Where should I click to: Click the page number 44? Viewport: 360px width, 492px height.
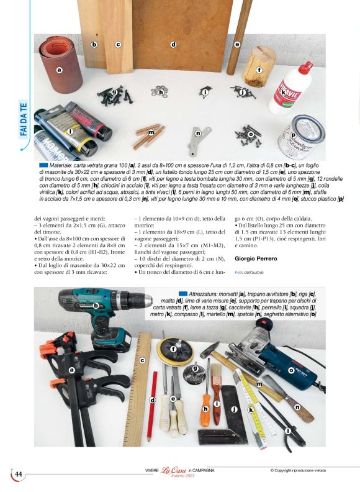coord(19,474)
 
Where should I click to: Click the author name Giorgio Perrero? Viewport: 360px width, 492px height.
coord(256,258)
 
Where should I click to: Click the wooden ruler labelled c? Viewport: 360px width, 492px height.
coord(142,379)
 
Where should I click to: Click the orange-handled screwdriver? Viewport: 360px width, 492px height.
coord(205,410)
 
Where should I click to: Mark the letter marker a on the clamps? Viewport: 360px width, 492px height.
coord(71,370)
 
